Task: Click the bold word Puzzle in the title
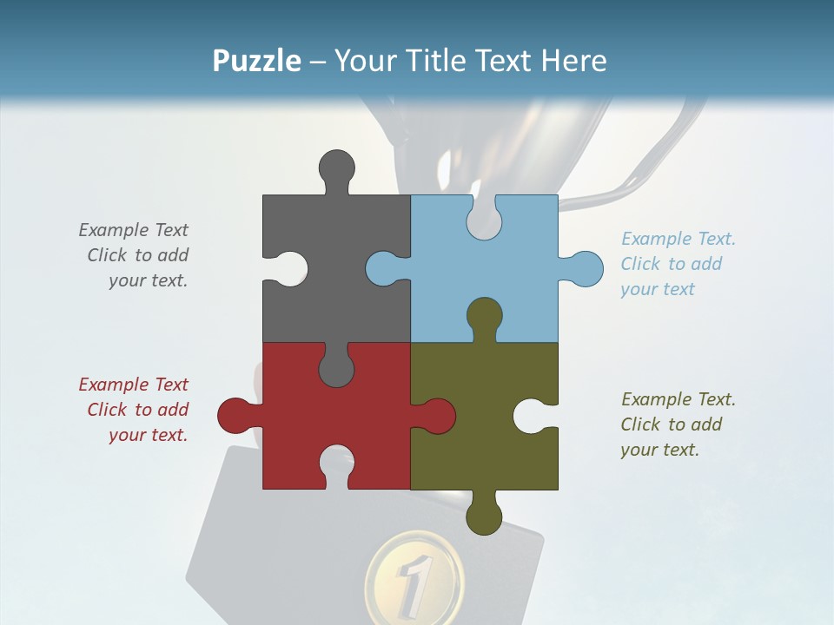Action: [x=256, y=61]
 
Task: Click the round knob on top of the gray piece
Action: [x=336, y=168]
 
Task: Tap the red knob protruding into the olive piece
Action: [x=436, y=416]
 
